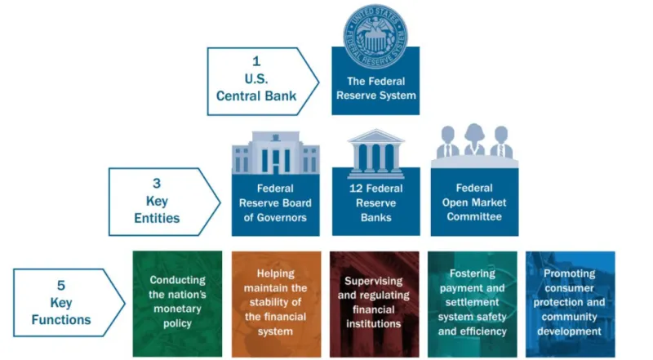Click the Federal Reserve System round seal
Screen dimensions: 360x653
375,36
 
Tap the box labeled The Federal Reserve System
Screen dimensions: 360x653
375,90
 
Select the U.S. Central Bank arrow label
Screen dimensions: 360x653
256,81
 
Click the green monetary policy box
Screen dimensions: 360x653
177,303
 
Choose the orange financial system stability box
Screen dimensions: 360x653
275,303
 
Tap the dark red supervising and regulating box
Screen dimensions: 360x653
373,303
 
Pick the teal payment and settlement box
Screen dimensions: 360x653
473,303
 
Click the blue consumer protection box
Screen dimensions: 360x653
571,303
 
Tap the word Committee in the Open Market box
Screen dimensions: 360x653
474,217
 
